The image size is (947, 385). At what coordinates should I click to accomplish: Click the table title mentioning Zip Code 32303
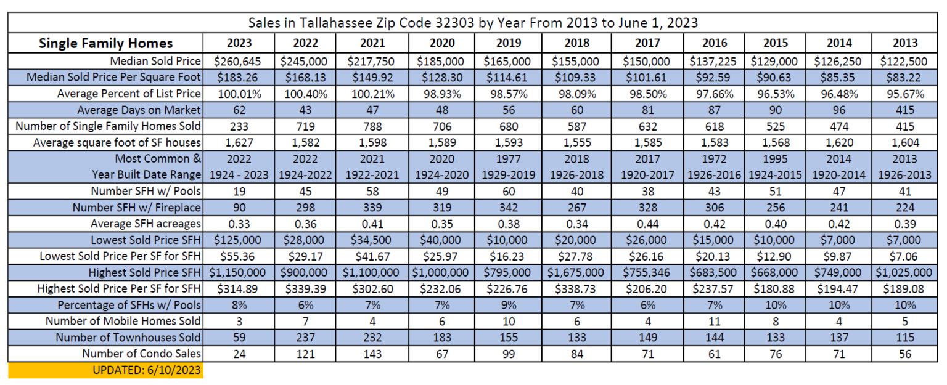pos(473,23)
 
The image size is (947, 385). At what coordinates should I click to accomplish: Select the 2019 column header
pos(508,43)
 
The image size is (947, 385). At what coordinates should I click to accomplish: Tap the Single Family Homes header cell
pos(105,43)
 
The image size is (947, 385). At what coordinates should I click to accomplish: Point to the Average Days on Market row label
pos(139,110)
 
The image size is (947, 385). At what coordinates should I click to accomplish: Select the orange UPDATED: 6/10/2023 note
pos(105,370)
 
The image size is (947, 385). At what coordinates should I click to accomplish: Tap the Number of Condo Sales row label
pos(141,354)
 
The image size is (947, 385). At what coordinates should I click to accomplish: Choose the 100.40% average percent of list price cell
pos(303,94)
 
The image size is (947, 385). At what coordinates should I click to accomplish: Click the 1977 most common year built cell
pos(508,159)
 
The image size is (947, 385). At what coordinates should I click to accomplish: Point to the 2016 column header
pos(714,43)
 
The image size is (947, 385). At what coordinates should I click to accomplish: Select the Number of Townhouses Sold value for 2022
pos(303,337)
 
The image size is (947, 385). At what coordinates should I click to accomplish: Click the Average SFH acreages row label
pos(146,224)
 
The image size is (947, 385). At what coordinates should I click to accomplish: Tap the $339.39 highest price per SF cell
pos(303,288)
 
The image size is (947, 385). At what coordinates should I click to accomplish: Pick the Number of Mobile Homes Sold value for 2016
pos(714,321)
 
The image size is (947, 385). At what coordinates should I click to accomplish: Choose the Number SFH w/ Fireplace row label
pos(136,208)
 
